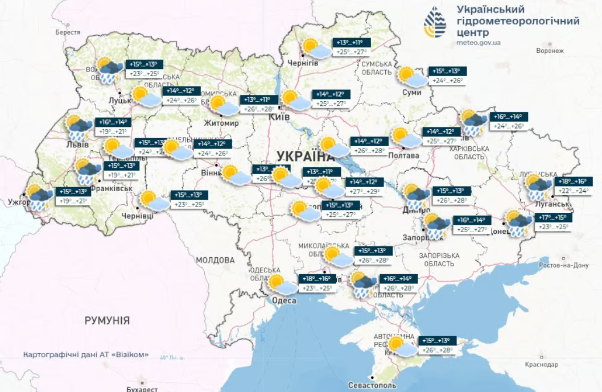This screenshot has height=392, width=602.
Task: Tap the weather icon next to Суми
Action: coord(410,77)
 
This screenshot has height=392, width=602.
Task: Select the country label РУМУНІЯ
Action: coord(107,320)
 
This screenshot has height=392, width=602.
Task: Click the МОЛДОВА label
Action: coord(215,260)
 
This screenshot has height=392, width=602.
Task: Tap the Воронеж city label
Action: coord(549,51)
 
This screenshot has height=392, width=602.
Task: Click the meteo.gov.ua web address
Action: coord(479,43)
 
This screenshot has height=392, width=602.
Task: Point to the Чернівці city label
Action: coord(137,216)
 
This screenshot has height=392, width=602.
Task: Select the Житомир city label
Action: coord(223,122)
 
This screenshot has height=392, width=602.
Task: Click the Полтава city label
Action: coord(403,155)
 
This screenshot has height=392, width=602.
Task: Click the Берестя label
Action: coord(68,32)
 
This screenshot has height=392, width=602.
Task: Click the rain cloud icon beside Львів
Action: coord(78,129)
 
